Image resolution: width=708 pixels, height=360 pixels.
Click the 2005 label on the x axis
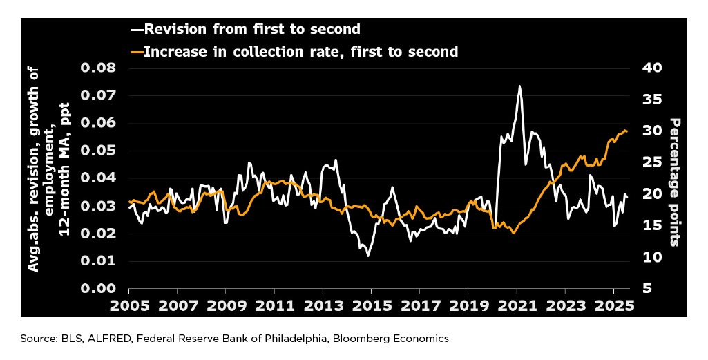(x=128, y=305)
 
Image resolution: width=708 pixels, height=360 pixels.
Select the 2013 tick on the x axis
(x=323, y=305)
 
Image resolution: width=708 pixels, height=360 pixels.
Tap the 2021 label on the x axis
(x=517, y=305)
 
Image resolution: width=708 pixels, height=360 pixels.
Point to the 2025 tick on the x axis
(x=614, y=305)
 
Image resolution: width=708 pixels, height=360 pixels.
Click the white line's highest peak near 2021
(x=519, y=86)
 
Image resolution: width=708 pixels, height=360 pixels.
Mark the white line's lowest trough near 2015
(x=368, y=256)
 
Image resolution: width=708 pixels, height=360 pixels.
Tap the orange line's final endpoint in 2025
(x=627, y=131)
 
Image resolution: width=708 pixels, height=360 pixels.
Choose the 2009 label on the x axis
(x=226, y=305)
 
